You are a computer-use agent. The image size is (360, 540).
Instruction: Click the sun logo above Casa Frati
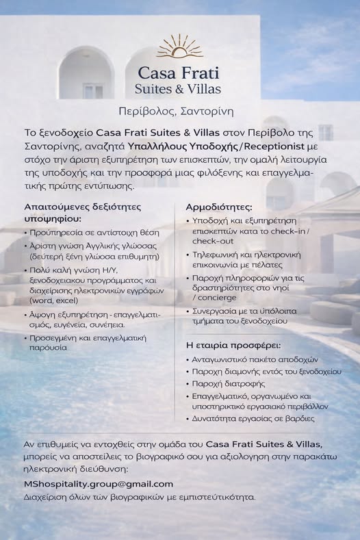tap(179, 46)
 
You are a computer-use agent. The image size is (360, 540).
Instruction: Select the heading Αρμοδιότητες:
tap(219, 207)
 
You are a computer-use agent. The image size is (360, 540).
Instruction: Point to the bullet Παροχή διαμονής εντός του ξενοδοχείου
tap(266, 371)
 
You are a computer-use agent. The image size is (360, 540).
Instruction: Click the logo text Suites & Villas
tap(180, 90)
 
